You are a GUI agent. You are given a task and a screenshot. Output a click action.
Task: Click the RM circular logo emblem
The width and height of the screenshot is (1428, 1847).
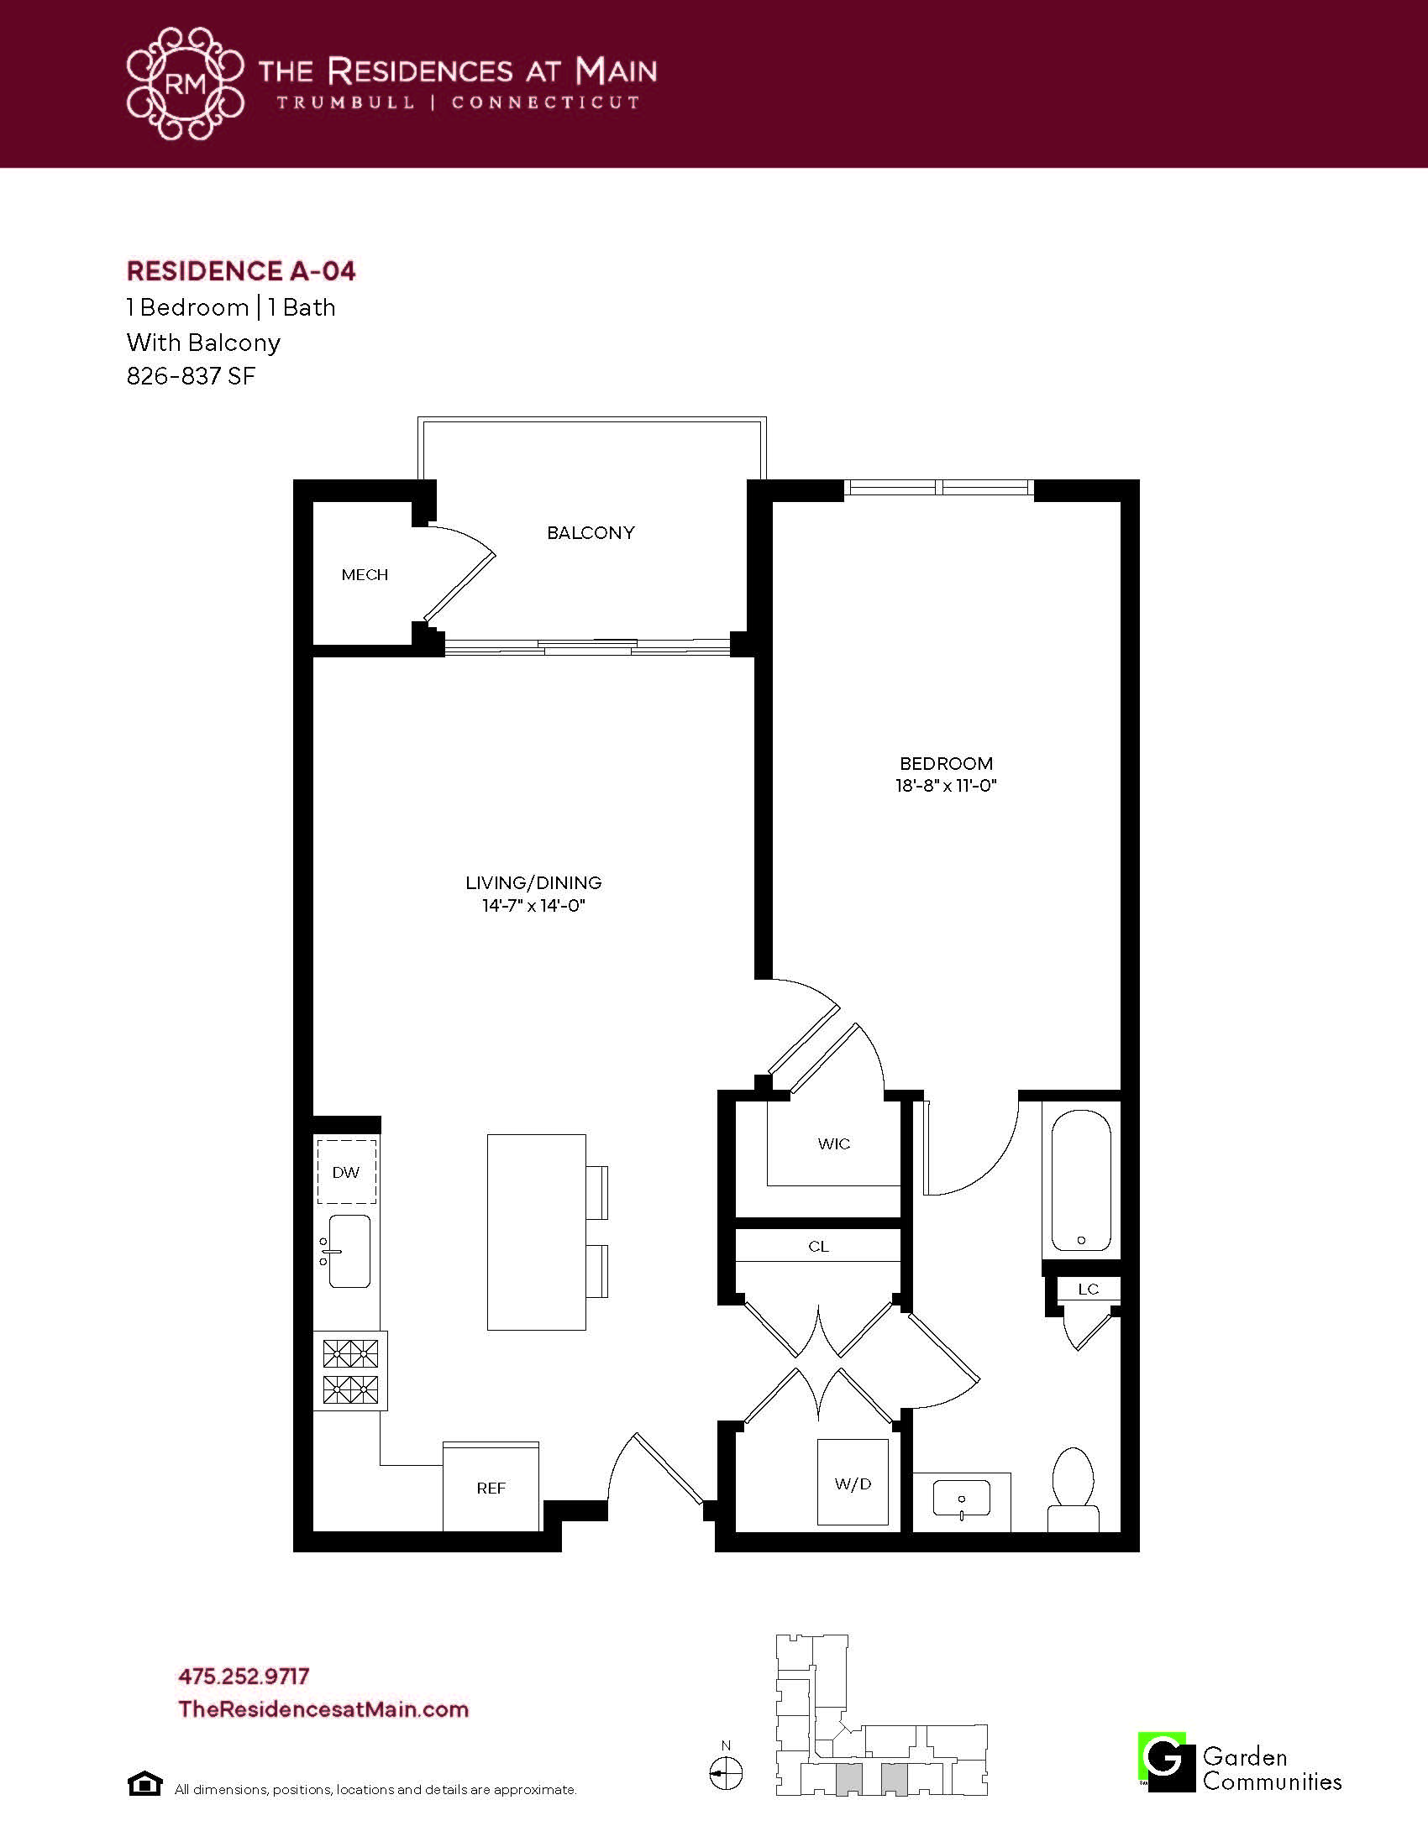[x=186, y=83]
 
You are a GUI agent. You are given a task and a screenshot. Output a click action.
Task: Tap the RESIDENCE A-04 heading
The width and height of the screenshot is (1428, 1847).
[x=241, y=270]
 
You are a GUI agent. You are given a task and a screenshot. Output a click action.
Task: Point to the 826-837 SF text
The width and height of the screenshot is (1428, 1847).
[x=192, y=375]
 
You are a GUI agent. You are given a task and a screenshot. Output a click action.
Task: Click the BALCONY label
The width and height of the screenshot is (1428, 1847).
[x=591, y=533]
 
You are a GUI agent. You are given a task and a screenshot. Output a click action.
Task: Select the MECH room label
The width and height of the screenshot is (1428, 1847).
[x=365, y=575]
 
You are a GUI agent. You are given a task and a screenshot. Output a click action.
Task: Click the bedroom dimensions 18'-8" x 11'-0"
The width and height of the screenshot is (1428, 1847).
[x=946, y=785]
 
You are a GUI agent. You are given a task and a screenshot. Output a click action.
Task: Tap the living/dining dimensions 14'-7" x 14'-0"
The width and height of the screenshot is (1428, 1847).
[x=533, y=905]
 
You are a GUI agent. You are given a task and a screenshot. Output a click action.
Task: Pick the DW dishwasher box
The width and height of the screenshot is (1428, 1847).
[x=346, y=1171]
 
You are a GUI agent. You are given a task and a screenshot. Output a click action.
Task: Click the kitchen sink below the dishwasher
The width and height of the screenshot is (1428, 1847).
[x=348, y=1252]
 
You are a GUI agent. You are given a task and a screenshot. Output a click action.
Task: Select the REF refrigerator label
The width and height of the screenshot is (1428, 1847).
[x=491, y=1488]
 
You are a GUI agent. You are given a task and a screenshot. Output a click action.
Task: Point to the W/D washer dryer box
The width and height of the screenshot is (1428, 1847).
[x=853, y=1483]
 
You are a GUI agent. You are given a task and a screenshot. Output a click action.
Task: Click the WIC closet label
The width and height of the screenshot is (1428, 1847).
[x=833, y=1143]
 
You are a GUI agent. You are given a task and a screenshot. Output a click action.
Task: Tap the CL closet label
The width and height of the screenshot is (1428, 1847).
[x=818, y=1246]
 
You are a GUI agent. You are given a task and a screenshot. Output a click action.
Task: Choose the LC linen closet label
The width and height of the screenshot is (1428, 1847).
[x=1088, y=1289]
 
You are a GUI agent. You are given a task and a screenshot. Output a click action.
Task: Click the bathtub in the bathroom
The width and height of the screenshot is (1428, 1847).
[x=1080, y=1180]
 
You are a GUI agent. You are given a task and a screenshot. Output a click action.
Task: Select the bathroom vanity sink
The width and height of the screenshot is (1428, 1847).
[x=962, y=1498]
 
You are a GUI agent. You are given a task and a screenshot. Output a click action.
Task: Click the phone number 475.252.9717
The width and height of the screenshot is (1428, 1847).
[x=244, y=1676]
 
